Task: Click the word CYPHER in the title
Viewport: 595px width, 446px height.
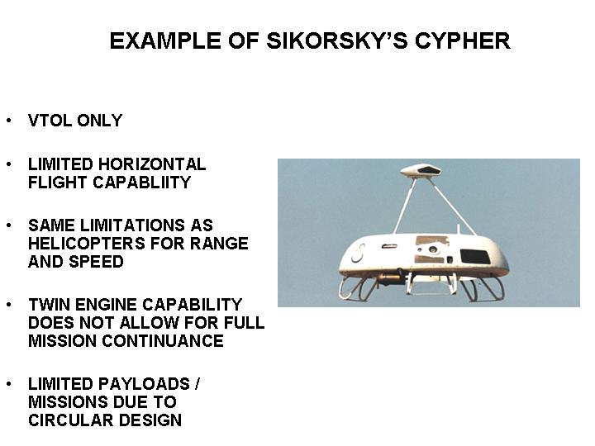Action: point(463,40)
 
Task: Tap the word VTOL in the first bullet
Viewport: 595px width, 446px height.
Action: point(50,121)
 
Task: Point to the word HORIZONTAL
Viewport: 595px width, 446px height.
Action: point(152,164)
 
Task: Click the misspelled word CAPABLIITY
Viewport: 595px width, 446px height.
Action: point(141,183)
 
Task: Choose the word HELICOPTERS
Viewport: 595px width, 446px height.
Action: point(87,244)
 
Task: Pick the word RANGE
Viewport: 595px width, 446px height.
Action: point(219,244)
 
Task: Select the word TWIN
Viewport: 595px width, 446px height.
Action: point(50,305)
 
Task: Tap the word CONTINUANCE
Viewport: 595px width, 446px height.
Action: point(163,341)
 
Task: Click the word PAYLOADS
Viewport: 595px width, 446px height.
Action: point(144,384)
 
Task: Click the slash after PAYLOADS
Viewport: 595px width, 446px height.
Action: point(197,384)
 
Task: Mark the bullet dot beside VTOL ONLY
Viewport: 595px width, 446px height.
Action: point(9,121)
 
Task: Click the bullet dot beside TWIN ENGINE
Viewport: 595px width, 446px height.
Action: point(9,305)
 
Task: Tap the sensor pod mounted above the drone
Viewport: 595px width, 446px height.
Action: point(421,171)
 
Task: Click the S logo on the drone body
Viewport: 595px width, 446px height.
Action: point(358,254)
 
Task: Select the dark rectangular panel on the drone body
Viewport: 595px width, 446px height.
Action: point(475,257)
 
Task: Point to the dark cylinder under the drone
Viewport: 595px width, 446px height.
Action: point(390,279)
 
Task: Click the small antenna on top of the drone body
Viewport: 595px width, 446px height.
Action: point(458,229)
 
